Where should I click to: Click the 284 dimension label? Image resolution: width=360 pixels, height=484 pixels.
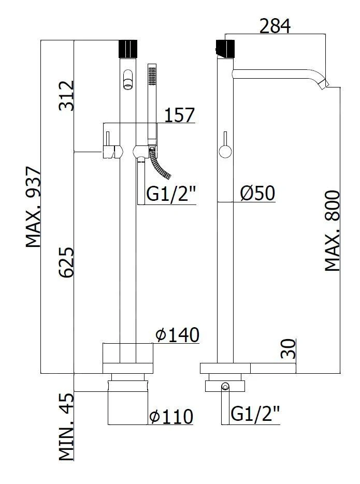pyautogui.click(x=275, y=26)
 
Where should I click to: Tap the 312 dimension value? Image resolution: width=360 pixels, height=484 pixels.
pyautogui.click(x=67, y=96)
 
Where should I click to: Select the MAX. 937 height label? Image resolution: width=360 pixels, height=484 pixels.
pyautogui.click(x=33, y=207)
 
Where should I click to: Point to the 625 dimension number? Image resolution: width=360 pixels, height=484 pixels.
pyautogui.click(x=67, y=262)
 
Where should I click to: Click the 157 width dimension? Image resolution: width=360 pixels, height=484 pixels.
pyautogui.click(x=179, y=115)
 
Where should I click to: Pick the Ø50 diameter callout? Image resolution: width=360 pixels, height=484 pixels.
pyautogui.click(x=257, y=193)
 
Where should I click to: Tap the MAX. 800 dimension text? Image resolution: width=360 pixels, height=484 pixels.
pyautogui.click(x=332, y=231)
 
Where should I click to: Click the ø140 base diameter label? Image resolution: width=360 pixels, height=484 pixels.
pyautogui.click(x=178, y=335)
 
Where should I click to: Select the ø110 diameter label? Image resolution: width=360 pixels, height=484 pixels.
pyautogui.click(x=171, y=416)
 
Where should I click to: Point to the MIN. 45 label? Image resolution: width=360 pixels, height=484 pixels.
pyautogui.click(x=67, y=427)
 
